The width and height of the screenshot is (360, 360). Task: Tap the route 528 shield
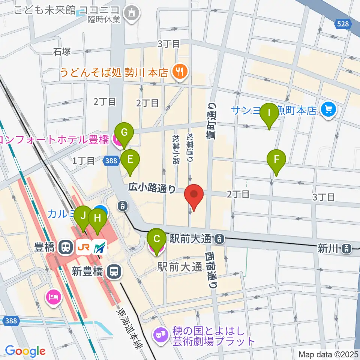(342, 24)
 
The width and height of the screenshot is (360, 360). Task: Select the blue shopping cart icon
(329, 109)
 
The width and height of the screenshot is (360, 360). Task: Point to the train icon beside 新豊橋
(113, 271)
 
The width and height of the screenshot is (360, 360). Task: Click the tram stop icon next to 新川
(347, 248)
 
